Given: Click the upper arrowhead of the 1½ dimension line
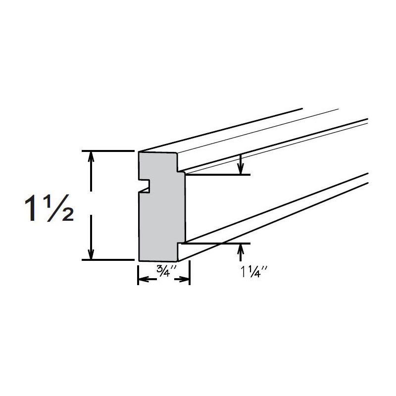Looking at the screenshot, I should point(91,155).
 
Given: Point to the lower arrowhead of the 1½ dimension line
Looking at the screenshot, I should point(91,254).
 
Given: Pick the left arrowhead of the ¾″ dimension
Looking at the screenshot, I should point(142,280).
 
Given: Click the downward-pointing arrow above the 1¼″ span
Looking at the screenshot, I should point(241,169).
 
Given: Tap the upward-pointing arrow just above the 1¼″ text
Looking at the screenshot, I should point(241,248).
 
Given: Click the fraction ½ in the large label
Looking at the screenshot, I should point(62,209).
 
